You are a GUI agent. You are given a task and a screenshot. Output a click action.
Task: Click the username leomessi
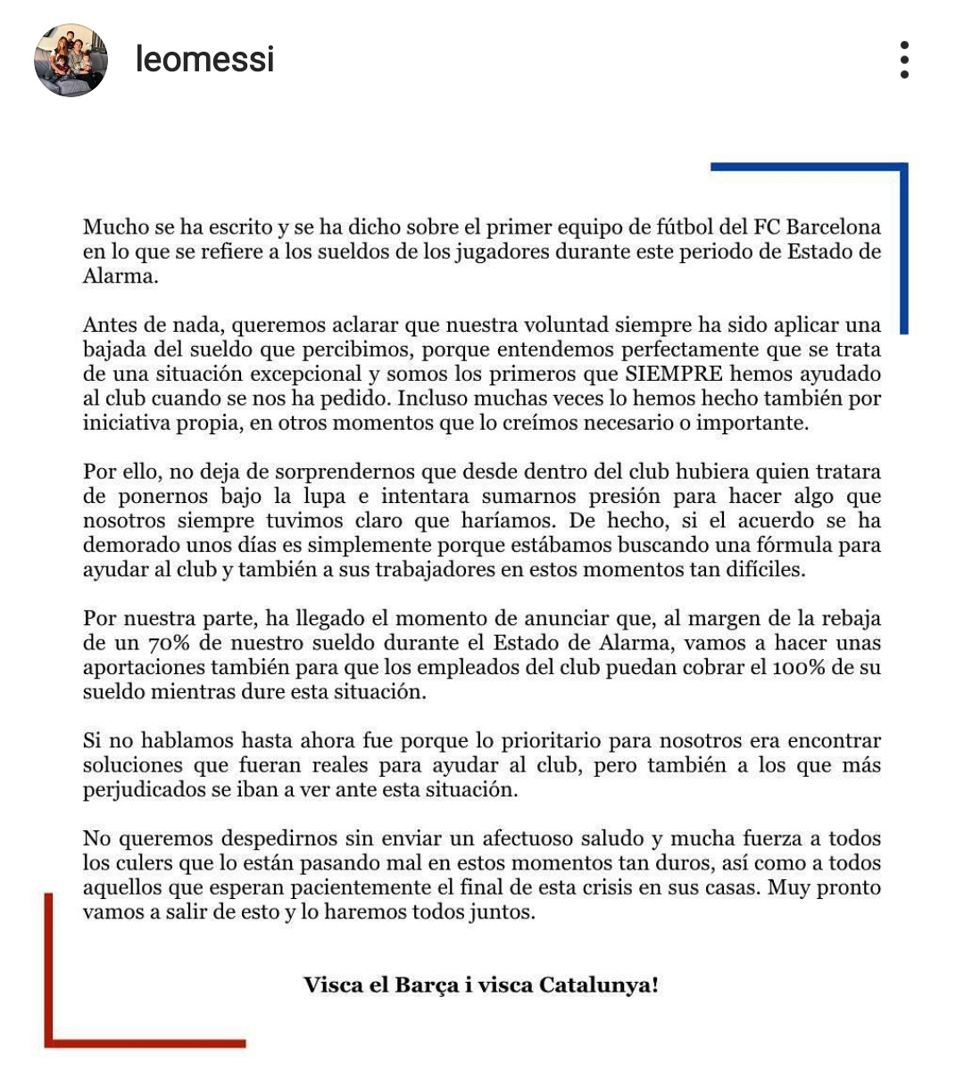coord(204,60)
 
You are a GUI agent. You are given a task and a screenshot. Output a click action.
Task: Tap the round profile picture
coord(71,60)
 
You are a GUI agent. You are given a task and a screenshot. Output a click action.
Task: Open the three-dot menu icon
coord(904,60)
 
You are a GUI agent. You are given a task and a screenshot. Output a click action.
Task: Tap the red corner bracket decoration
coord(50,981)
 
